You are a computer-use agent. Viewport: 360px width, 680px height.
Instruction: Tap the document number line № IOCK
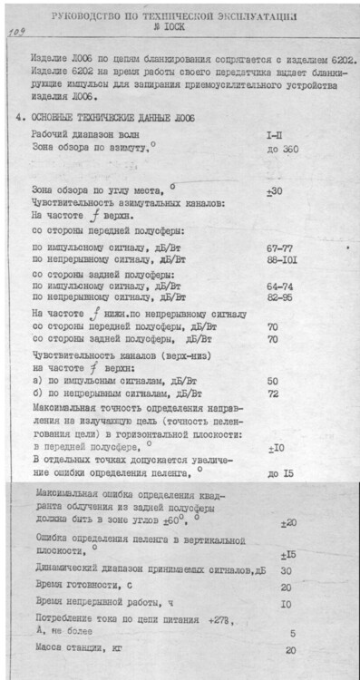point(180,29)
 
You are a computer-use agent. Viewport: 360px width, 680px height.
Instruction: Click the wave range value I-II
point(277,134)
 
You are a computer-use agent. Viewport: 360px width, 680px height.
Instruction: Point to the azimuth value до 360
point(284,148)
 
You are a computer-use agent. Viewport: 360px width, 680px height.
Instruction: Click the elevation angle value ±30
point(274,191)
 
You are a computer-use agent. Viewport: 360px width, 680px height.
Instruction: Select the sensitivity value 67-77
point(279,248)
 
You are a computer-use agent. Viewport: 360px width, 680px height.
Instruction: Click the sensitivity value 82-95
point(279,296)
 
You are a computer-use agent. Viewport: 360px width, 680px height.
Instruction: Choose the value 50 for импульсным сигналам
point(272,382)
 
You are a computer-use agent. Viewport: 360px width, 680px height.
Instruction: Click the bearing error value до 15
point(279,474)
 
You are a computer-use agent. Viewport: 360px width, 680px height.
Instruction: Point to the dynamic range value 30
point(286,570)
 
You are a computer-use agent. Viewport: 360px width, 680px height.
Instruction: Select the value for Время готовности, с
point(286,587)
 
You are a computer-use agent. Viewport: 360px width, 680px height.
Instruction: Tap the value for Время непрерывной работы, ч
point(286,603)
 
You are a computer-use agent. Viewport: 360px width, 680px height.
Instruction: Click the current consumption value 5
point(292,634)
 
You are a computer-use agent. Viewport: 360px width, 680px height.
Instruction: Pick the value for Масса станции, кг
point(290,650)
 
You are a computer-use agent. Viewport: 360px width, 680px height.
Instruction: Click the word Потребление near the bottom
point(61,619)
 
